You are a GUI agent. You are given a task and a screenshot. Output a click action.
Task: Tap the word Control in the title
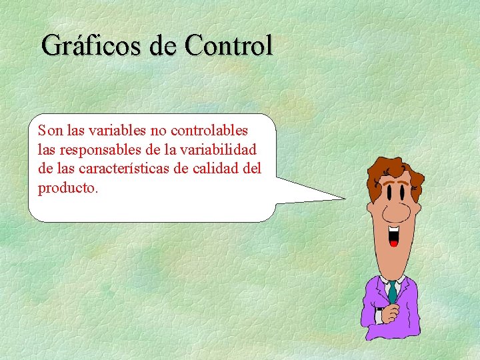(229, 45)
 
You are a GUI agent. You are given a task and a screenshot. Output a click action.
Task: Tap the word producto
(68, 187)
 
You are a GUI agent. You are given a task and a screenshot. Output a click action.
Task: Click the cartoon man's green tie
(393, 291)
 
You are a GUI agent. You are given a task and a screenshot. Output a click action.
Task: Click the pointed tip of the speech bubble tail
(345, 198)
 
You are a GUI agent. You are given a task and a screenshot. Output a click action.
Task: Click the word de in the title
(165, 46)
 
